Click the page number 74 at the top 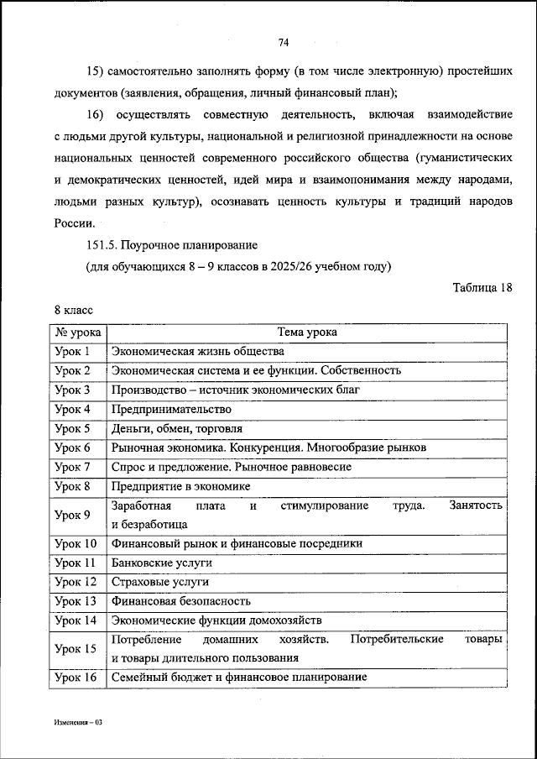click(283, 42)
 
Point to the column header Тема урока click(307, 332)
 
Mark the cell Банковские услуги click(161, 563)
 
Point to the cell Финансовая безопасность click(180, 601)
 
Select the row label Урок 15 click(75, 648)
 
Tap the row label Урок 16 click(75, 678)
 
